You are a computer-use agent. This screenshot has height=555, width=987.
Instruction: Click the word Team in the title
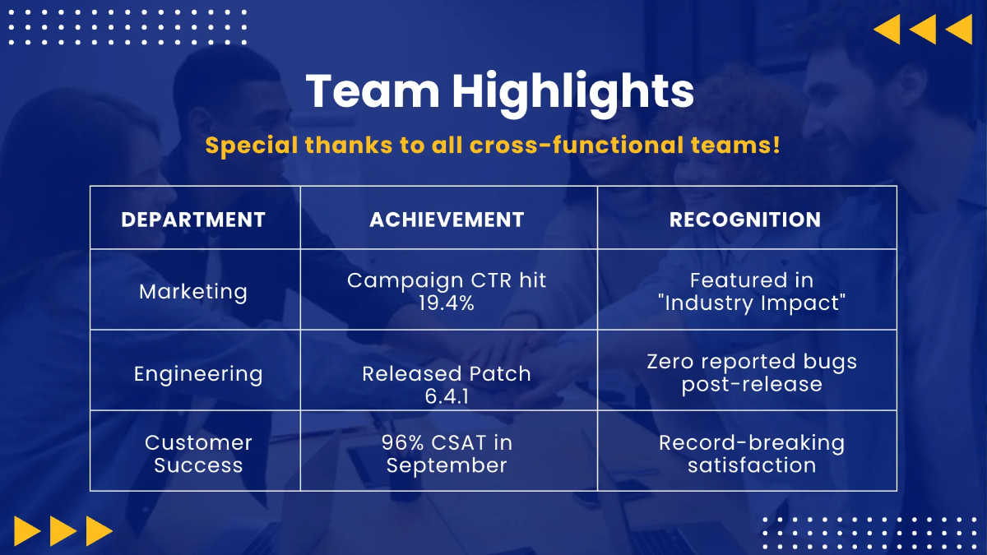click(x=373, y=90)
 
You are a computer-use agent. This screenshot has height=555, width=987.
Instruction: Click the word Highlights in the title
click(x=572, y=95)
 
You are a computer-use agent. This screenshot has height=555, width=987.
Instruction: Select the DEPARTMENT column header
click(x=193, y=220)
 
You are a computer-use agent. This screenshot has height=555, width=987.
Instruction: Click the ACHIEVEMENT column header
click(x=447, y=220)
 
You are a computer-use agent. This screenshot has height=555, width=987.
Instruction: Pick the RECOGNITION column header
click(x=745, y=220)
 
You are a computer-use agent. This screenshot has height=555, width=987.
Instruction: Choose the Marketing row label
click(x=193, y=292)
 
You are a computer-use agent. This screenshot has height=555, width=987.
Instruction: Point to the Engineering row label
click(x=198, y=374)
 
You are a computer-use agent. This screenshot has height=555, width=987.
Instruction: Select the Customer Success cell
click(x=198, y=454)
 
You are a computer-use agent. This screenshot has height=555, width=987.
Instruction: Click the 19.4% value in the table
click(x=447, y=303)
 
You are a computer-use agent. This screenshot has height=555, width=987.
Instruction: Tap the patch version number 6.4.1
click(x=447, y=396)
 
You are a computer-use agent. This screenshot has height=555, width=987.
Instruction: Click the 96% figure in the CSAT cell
click(x=403, y=442)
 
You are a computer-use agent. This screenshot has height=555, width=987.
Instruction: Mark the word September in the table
click(x=447, y=466)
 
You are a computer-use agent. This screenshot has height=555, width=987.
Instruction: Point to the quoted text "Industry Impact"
click(x=752, y=303)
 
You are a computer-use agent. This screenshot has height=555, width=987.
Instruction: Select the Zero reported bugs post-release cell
click(x=752, y=372)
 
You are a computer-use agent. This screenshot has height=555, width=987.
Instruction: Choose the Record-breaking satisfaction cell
click(x=752, y=454)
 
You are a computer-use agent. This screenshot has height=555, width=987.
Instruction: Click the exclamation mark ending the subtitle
click(x=776, y=145)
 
